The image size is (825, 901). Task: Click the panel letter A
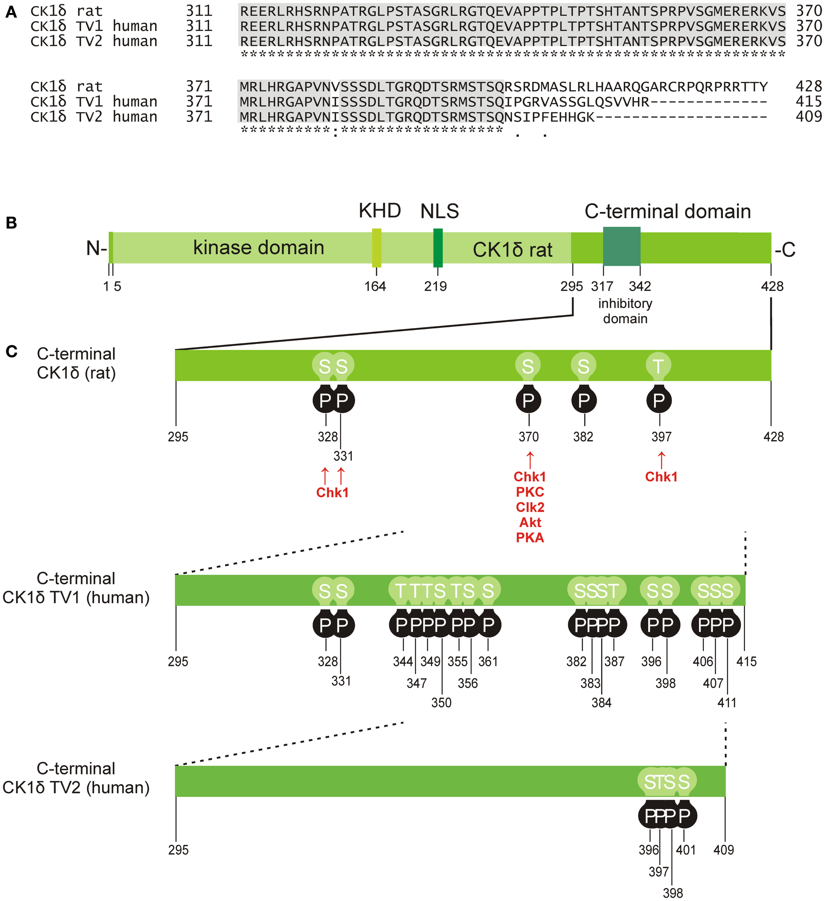pyautogui.click(x=11, y=13)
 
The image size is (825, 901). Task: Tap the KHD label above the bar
pyautogui.click(x=380, y=210)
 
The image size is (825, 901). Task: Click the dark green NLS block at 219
pyautogui.click(x=438, y=248)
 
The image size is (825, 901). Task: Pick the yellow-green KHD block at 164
pyautogui.click(x=376, y=248)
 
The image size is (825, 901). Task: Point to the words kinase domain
pyautogui.click(x=259, y=248)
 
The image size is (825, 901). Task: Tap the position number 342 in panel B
pyautogui.click(x=640, y=286)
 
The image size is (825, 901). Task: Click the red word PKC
pyautogui.click(x=530, y=492)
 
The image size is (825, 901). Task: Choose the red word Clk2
pyautogui.click(x=530, y=507)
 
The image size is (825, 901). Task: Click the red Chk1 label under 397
pyautogui.click(x=661, y=477)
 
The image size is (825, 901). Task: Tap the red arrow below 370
pyautogui.click(x=530, y=460)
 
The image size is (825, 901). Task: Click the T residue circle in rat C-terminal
pyautogui.click(x=658, y=367)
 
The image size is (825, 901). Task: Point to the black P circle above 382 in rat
pyautogui.click(x=583, y=400)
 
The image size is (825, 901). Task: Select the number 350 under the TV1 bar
pyautogui.click(x=441, y=702)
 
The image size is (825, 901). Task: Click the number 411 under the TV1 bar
pyautogui.click(x=727, y=702)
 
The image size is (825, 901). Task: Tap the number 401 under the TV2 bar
pyautogui.click(x=685, y=849)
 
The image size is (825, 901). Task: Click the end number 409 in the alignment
pyautogui.click(x=809, y=117)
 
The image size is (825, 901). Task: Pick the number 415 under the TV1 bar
pyautogui.click(x=746, y=661)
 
